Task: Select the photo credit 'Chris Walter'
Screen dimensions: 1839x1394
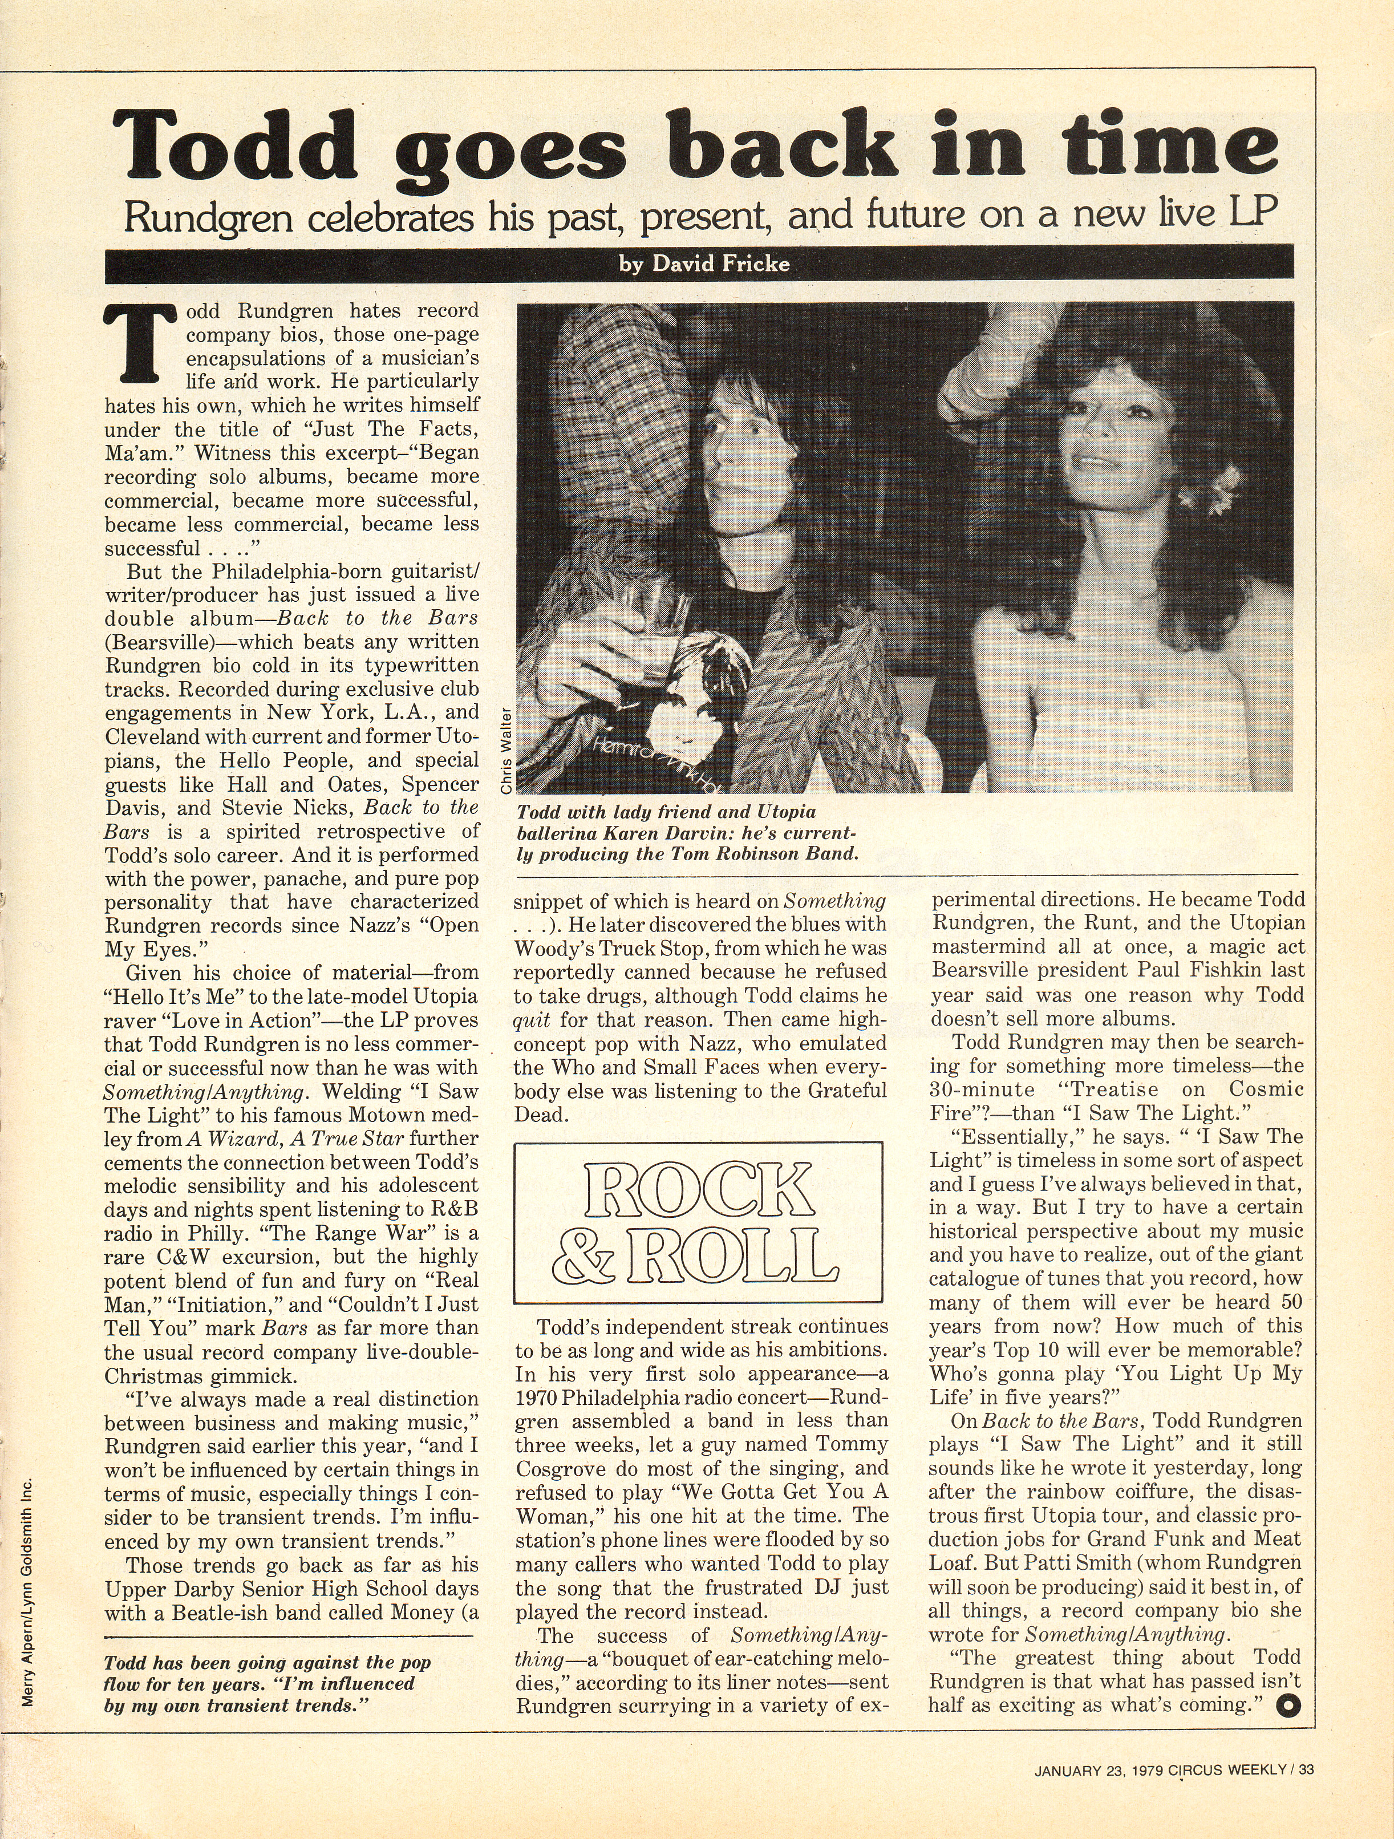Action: click(x=505, y=751)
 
